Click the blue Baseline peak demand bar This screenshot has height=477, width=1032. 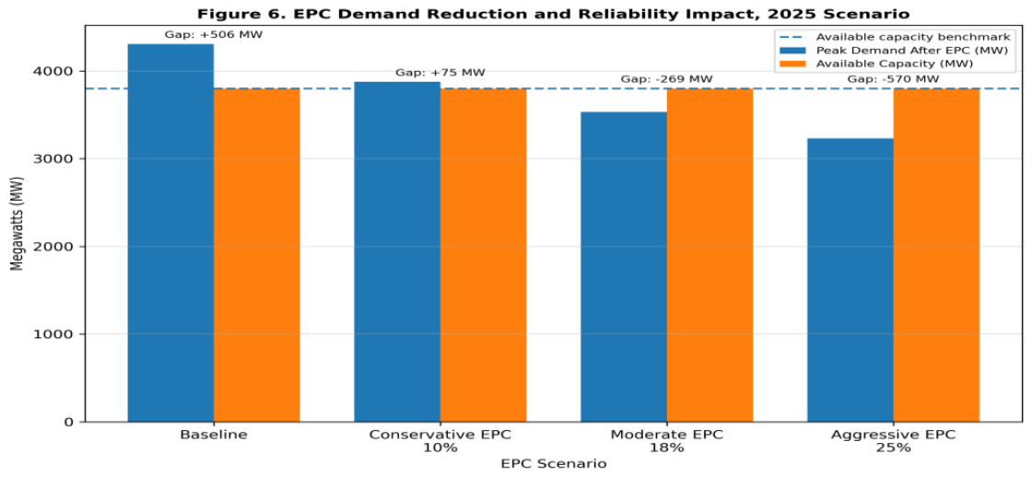pyautogui.click(x=170, y=233)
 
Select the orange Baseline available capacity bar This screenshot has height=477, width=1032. pyautogui.click(x=257, y=255)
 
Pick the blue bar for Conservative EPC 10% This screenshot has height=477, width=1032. pyautogui.click(x=397, y=252)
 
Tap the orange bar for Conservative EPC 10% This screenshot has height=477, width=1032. pyautogui.click(x=483, y=255)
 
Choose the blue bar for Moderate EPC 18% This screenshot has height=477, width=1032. pyautogui.click(x=623, y=267)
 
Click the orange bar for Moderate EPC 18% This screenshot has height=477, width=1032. pyautogui.click(x=709, y=255)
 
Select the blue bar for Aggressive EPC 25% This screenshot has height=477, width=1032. pyautogui.click(x=850, y=280)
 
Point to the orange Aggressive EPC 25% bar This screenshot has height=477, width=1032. pyautogui.click(x=936, y=255)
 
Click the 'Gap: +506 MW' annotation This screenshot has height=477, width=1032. pyautogui.click(x=213, y=34)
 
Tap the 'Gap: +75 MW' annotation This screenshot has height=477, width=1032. pyautogui.click(x=440, y=73)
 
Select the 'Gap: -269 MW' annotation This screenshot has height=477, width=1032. pyautogui.click(x=666, y=79)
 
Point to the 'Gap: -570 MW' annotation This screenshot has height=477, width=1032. pyautogui.click(x=893, y=79)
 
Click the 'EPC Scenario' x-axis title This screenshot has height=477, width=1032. pyautogui.click(x=554, y=463)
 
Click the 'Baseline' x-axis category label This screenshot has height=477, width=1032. pyautogui.click(x=214, y=435)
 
